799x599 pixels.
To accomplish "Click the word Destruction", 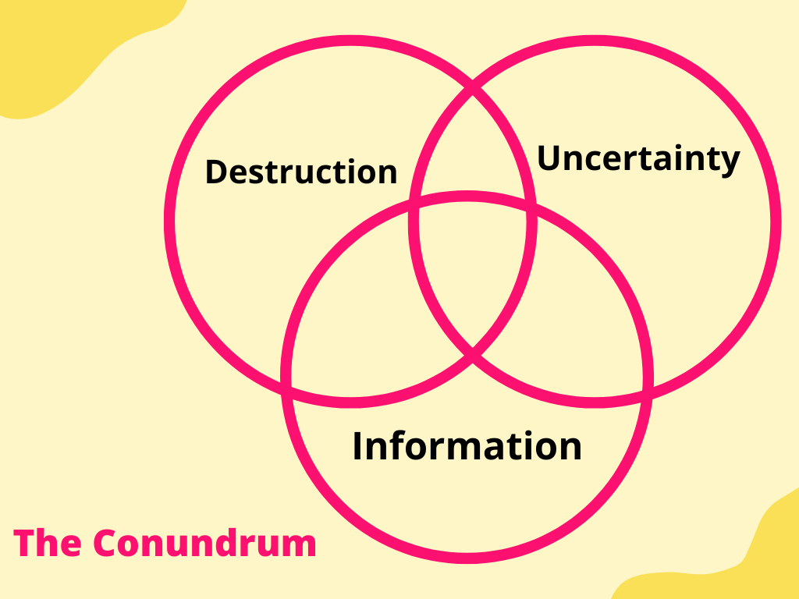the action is [x=301, y=172].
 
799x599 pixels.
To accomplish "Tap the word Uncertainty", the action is [x=638, y=159].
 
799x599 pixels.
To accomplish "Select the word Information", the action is [x=467, y=446].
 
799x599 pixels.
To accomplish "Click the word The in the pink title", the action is [x=45, y=543].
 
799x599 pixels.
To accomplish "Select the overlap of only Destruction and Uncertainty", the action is [x=473, y=148].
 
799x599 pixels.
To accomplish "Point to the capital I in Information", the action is [x=358, y=446].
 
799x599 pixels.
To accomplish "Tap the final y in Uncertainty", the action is [x=730, y=162].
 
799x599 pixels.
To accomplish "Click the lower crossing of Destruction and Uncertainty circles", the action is [x=473, y=357].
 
